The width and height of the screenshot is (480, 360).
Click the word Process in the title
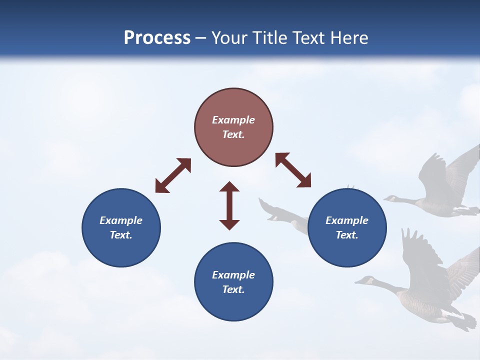[157, 38]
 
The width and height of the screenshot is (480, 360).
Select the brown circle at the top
[233, 127]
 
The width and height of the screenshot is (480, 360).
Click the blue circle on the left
[121, 227]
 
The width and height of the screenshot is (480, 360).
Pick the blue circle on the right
[347, 227]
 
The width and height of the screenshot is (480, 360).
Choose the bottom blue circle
[233, 282]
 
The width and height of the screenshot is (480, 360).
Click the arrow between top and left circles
[173, 175]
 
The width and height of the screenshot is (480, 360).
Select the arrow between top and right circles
[293, 170]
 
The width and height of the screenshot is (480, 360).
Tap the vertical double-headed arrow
[229, 205]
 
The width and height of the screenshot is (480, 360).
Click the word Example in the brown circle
[233, 120]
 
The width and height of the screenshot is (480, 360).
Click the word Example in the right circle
[347, 220]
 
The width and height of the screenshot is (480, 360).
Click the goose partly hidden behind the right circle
[285, 214]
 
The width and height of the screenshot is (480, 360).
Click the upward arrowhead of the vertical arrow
[229, 187]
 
